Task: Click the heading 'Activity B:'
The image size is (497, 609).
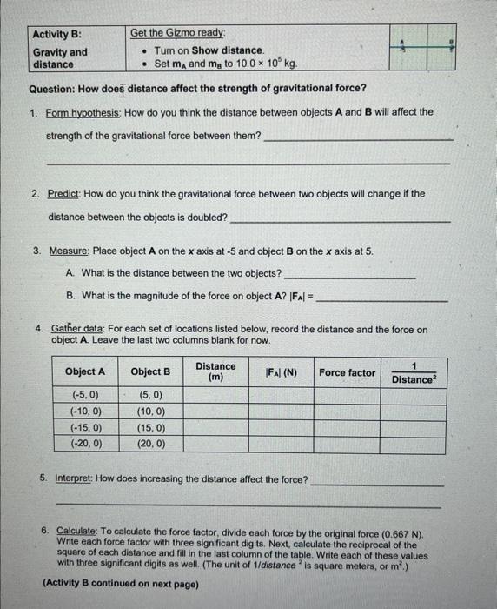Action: [x=56, y=34]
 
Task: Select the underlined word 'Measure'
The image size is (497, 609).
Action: [x=70, y=251]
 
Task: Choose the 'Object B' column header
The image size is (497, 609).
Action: [x=150, y=371]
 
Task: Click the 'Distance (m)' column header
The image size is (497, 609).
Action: [x=215, y=371]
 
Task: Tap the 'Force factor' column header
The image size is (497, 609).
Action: [x=348, y=372]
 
